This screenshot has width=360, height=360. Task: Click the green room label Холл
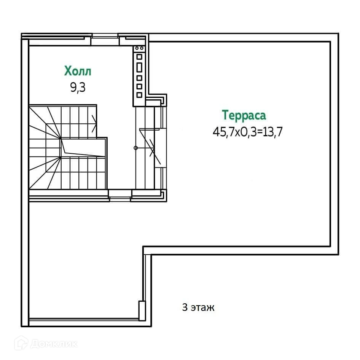(x=78, y=71)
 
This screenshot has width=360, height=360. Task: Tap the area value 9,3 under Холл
(x=78, y=88)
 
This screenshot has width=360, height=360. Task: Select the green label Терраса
(x=244, y=115)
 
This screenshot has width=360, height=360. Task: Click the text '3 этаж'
(x=198, y=307)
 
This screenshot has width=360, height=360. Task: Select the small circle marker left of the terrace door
(x=135, y=148)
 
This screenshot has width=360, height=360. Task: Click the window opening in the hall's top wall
(x=105, y=37)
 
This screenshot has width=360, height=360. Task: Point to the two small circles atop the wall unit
(x=139, y=48)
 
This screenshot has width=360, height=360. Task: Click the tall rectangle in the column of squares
(x=139, y=67)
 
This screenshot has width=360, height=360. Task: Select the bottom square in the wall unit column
(x=139, y=94)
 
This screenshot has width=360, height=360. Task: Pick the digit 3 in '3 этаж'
(x=185, y=307)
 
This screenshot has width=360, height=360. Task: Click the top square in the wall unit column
(x=139, y=57)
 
